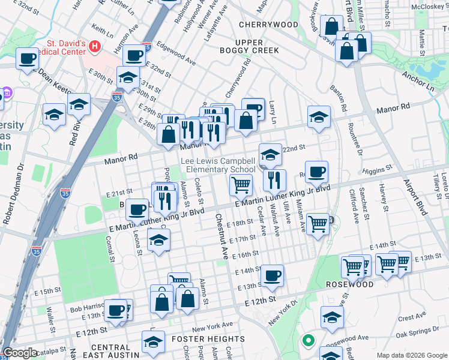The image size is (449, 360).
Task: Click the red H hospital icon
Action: tap(94, 46)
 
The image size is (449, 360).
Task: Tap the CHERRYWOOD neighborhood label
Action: tap(268, 25)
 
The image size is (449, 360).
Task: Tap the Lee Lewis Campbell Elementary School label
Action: tap(219, 166)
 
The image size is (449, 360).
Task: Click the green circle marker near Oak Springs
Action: tap(309, 341)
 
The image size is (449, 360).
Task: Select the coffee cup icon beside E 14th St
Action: tap(272, 275)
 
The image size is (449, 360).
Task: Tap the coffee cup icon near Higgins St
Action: tap(316, 172)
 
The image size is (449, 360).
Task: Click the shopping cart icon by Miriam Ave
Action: tap(318, 224)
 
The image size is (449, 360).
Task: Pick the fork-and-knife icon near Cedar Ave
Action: tap(274, 179)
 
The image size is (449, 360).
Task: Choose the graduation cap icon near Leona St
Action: tap(158, 241)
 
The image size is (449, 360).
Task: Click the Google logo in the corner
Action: tap(20, 353)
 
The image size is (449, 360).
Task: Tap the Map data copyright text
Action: tap(412, 355)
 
